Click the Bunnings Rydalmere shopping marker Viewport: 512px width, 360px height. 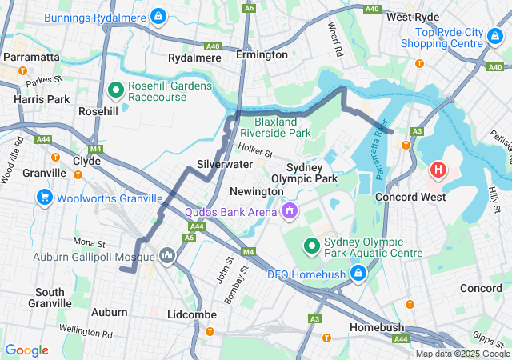pyautogui.click(x=158, y=15)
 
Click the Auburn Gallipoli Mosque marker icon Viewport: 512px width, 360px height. pyautogui.click(x=167, y=256)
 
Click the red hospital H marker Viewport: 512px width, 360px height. pyautogui.click(x=438, y=170)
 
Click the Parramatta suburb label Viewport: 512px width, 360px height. pyautogui.click(x=31, y=58)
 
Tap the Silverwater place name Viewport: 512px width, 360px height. pyautogui.click(x=225, y=164)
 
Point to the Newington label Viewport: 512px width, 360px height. pyautogui.click(x=256, y=192)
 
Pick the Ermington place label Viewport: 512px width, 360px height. pyautogui.click(x=262, y=55)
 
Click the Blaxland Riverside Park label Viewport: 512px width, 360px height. pyautogui.click(x=275, y=126)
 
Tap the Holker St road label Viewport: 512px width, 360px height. pyautogui.click(x=256, y=149)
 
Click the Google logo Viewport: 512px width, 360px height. pyautogui.click(x=26, y=350)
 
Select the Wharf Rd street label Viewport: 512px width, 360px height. pyautogui.click(x=334, y=38)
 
